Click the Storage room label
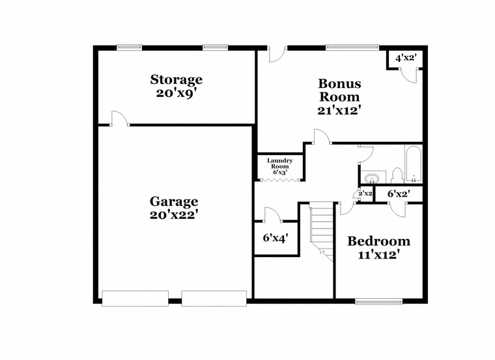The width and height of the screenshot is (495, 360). click(x=176, y=79)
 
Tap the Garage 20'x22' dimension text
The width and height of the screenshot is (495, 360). click(x=174, y=215)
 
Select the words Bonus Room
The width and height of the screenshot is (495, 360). click(x=339, y=90)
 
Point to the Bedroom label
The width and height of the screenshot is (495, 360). click(x=379, y=242)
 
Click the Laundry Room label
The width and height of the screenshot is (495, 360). click(x=280, y=163)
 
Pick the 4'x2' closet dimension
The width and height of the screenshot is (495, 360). click(x=404, y=58)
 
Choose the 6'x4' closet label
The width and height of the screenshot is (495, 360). click(x=276, y=238)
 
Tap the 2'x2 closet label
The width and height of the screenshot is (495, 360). click(x=365, y=193)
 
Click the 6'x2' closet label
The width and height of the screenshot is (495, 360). click(x=399, y=194)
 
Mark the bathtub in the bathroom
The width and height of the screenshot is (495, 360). click(x=414, y=164)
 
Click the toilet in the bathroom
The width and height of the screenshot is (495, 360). click(x=397, y=176)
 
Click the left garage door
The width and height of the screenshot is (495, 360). click(x=135, y=298)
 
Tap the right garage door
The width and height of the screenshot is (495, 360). click(x=214, y=298)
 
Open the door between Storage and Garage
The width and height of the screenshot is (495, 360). click(x=120, y=118)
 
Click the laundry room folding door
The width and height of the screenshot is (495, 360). click(x=280, y=180)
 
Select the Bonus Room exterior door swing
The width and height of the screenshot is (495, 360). click(x=277, y=55)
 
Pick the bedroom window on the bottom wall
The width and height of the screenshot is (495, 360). click(x=379, y=301)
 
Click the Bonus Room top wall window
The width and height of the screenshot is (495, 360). click(x=352, y=48)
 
